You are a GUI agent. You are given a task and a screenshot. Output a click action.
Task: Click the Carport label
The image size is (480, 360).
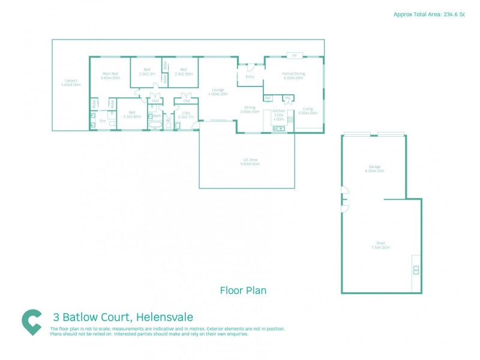pyautogui.click(x=71, y=83)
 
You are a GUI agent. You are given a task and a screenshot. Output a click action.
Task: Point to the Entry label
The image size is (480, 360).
pyautogui.click(x=250, y=77)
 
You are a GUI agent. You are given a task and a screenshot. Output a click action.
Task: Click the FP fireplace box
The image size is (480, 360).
pyautogui.click(x=294, y=56)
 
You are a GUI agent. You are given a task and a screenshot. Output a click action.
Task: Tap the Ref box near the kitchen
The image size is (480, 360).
pyautogui.click(x=268, y=98)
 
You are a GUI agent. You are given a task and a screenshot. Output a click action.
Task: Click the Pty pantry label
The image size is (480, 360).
pyautogui.click(x=288, y=98)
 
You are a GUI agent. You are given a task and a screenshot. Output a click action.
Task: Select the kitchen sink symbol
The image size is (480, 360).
pyautogui.click(x=279, y=128)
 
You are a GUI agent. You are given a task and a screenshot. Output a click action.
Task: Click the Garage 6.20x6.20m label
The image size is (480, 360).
pyautogui.click(x=375, y=169)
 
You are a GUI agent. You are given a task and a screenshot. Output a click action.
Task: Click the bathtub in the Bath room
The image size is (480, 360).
pyautogui.click(x=155, y=126)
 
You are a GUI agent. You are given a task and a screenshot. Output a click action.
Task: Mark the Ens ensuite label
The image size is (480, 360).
pyautogui.click(x=103, y=121)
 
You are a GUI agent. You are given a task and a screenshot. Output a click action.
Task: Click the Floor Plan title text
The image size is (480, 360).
pyautogui.click(x=243, y=290)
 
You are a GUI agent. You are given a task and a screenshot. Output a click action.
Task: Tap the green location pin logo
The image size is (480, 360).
pyautogui.click(x=32, y=322)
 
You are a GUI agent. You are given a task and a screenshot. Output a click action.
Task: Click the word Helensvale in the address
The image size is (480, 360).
pyautogui.click(x=164, y=317)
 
